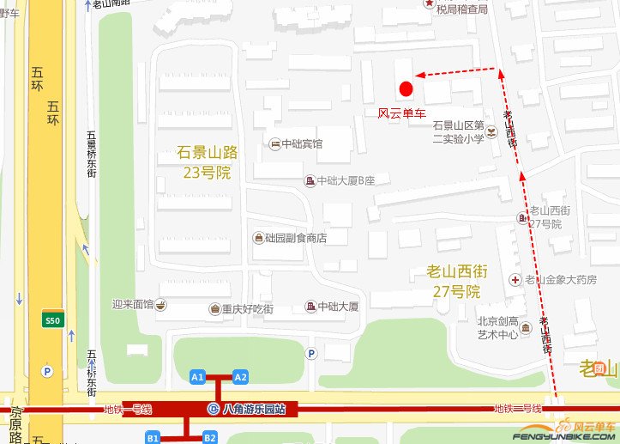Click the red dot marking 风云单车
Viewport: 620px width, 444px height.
click(x=406, y=88)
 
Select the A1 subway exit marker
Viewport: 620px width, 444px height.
click(x=198, y=377)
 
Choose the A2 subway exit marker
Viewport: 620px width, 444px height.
click(x=240, y=377)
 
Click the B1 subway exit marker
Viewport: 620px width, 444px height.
click(x=153, y=437)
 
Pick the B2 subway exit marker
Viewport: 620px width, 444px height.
click(x=209, y=437)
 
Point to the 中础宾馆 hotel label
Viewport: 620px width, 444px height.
click(x=302, y=143)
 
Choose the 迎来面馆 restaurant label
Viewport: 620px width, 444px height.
click(x=132, y=304)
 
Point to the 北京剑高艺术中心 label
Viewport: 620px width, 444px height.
click(x=498, y=328)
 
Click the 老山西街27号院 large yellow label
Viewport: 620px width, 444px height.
click(x=457, y=282)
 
